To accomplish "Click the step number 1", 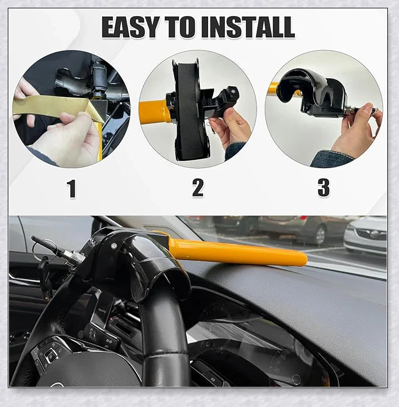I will [x=71, y=189].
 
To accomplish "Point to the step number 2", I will [x=198, y=188].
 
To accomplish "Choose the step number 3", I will [x=323, y=188].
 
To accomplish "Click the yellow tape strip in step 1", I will [x=50, y=108].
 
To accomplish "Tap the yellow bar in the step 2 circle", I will [x=154, y=112].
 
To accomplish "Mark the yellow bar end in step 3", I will [x=274, y=89].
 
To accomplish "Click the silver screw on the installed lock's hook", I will [x=114, y=246].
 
